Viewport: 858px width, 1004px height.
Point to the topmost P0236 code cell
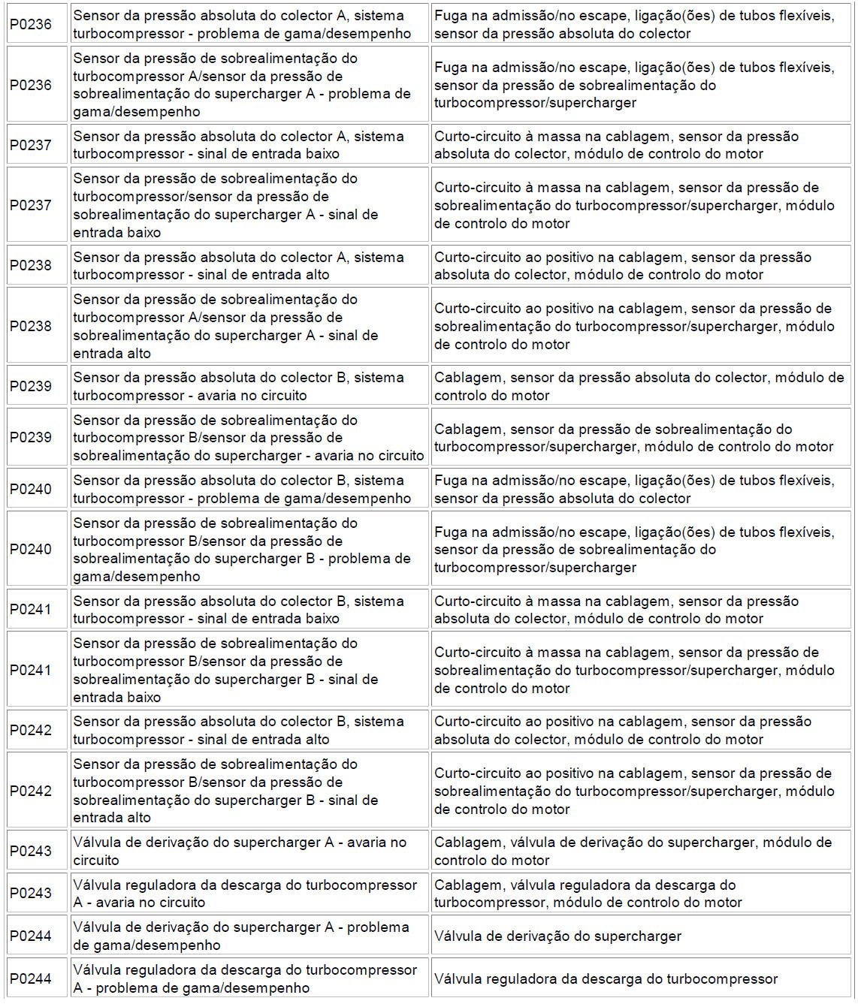pyautogui.click(x=31, y=24)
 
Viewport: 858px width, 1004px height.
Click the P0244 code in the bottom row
pyautogui.click(x=31, y=978)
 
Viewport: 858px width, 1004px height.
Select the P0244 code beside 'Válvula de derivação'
pyautogui.click(x=31, y=936)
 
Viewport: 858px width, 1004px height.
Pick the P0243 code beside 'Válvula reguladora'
pyautogui.click(x=31, y=893)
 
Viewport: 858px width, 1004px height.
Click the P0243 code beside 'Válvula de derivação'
pyautogui.click(x=31, y=851)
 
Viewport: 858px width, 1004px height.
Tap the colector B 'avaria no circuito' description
pyautogui.click(x=238, y=386)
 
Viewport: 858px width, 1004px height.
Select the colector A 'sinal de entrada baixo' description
pyautogui.click(x=238, y=145)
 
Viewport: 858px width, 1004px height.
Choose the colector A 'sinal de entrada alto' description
pyautogui.click(x=238, y=266)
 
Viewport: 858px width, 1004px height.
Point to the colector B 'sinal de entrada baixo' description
pyautogui.click(x=238, y=610)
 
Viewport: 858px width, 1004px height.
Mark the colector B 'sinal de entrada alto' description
pyautogui.click(x=238, y=730)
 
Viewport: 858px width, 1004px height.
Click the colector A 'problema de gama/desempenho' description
pyautogui.click(x=241, y=24)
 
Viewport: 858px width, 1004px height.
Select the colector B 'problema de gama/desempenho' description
pyautogui.click(x=241, y=489)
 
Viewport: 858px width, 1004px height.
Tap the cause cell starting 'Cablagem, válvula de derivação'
pyautogui.click(x=633, y=851)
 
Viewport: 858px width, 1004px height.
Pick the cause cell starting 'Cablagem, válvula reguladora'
pyautogui.click(x=588, y=893)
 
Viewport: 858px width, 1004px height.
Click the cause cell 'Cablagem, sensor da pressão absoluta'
pyautogui.click(x=639, y=386)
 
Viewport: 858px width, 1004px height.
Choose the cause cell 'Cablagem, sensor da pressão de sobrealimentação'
pyautogui.click(x=633, y=438)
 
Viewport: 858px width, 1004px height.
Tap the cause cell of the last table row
pyautogui.click(x=606, y=978)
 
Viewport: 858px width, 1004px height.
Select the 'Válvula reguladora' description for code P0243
pyautogui.click(x=244, y=893)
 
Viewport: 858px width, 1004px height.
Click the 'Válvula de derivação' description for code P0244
pyautogui.click(x=240, y=936)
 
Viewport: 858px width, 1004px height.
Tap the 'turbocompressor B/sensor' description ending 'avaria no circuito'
pyautogui.click(x=248, y=438)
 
